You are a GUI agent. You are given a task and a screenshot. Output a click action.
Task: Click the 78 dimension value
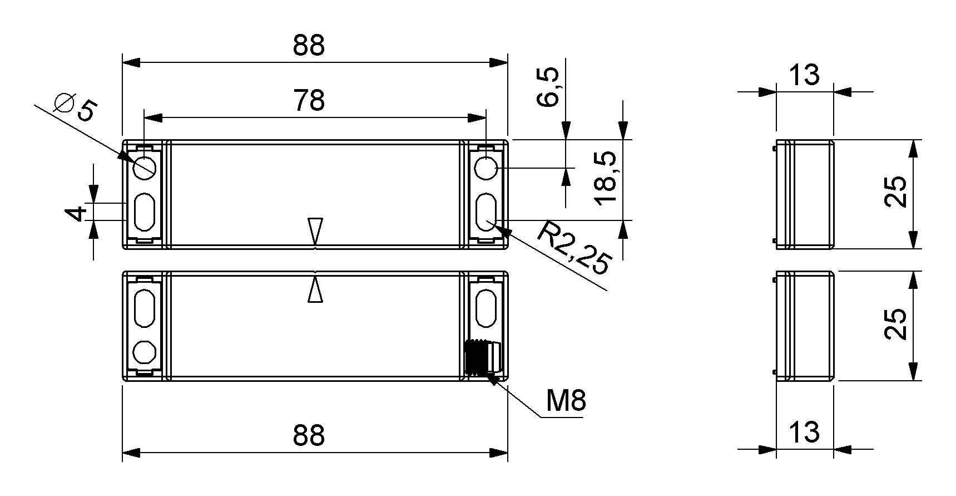(309, 101)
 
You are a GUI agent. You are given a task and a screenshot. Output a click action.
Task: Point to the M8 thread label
(566, 400)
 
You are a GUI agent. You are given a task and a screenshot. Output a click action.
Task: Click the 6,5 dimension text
(549, 87)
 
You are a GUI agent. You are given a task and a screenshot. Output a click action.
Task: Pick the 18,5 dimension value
(606, 179)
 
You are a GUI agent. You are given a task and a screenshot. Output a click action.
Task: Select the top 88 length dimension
(309, 46)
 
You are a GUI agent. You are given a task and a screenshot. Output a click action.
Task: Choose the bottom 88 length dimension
(309, 435)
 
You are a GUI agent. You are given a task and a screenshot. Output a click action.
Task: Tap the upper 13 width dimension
(804, 75)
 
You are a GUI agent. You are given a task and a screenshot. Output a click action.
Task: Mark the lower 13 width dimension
(804, 431)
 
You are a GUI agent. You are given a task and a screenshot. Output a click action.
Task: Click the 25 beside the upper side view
(896, 192)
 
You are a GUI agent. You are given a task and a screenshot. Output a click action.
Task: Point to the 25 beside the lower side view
(896, 325)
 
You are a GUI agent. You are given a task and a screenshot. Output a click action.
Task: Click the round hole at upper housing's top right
(487, 168)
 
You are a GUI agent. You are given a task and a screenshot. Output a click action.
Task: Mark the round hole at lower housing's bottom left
(145, 352)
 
